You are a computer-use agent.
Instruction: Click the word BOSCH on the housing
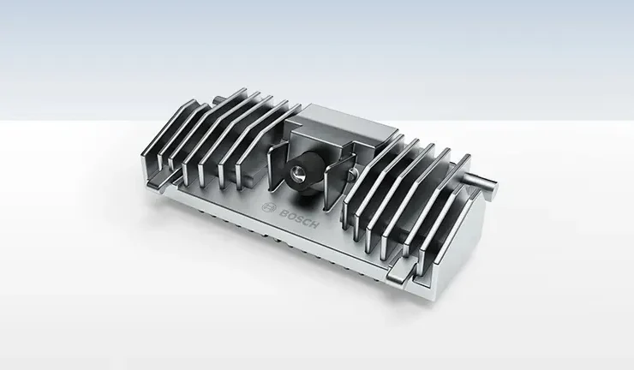[x=299, y=218]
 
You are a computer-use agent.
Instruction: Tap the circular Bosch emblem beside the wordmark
[x=268, y=208]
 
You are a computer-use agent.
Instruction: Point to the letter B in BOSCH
[x=283, y=212]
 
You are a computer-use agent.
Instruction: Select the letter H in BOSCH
[x=314, y=224]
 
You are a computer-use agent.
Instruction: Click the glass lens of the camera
[x=296, y=172]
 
